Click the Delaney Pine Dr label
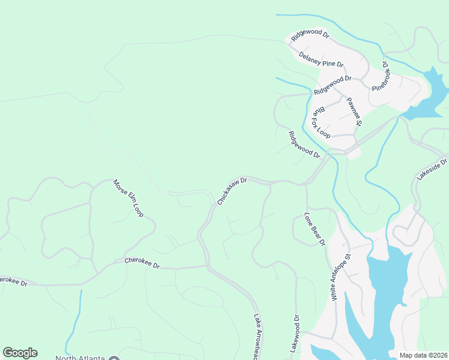321,59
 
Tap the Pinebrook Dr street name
381,75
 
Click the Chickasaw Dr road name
232,191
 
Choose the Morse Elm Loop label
128,197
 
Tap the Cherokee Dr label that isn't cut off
142,263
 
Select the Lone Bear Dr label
315,229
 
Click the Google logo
20,353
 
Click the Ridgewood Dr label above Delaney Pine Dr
310,35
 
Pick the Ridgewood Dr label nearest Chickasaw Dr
304,145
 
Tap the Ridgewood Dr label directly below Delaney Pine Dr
332,85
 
